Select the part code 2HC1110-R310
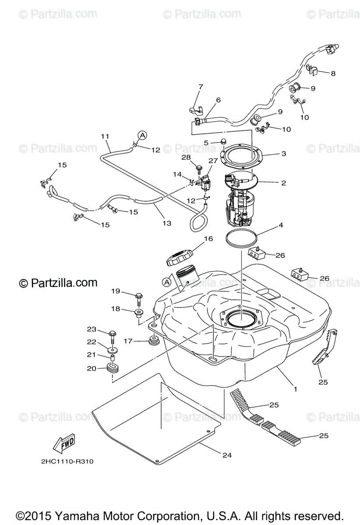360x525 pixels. pyautogui.click(x=65, y=461)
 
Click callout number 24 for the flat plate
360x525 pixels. pyautogui.click(x=226, y=455)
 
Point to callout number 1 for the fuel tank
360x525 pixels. pyautogui.click(x=295, y=388)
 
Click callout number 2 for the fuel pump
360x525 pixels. pyautogui.click(x=283, y=183)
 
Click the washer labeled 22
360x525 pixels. pyautogui.click(x=113, y=350)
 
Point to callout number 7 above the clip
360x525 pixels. pyautogui.click(x=201, y=87)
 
